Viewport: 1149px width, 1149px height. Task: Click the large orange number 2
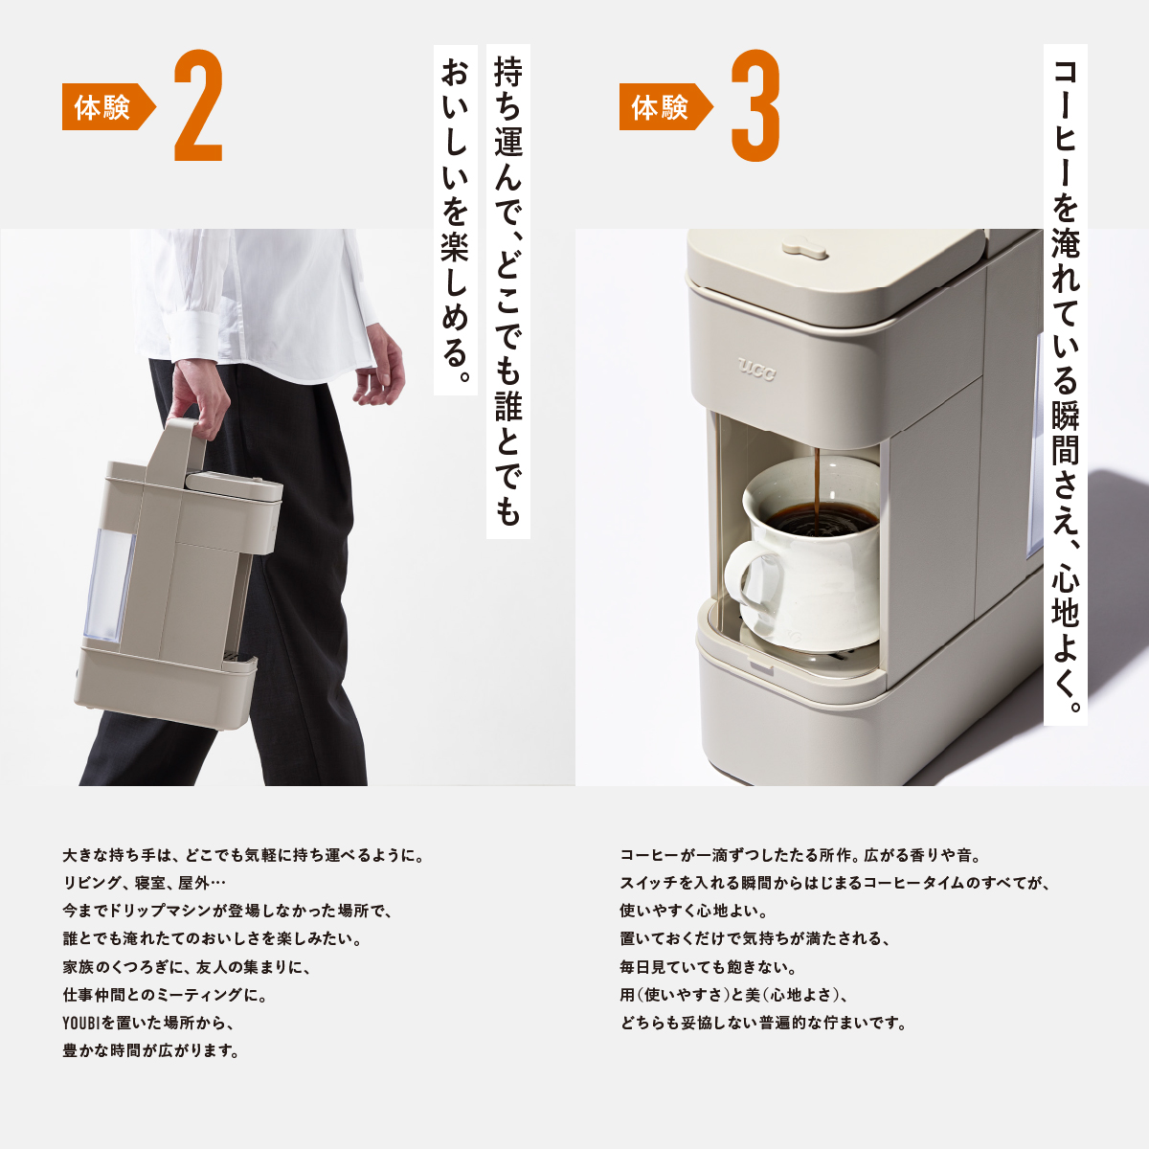pyautogui.click(x=198, y=107)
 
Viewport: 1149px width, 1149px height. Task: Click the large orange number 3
pyautogui.click(x=755, y=107)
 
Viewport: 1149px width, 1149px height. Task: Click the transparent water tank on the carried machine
pyautogui.click(x=107, y=584)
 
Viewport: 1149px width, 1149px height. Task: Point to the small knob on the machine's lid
pyautogui.click(x=804, y=249)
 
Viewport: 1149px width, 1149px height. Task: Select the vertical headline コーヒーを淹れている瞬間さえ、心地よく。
pyautogui.click(x=1065, y=383)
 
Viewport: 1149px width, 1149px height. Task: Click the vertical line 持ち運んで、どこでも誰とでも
pyautogui.click(x=508, y=287)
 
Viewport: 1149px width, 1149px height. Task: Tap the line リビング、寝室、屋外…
pyautogui.click(x=145, y=883)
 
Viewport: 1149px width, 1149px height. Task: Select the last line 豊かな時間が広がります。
pyautogui.click(x=150, y=1050)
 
